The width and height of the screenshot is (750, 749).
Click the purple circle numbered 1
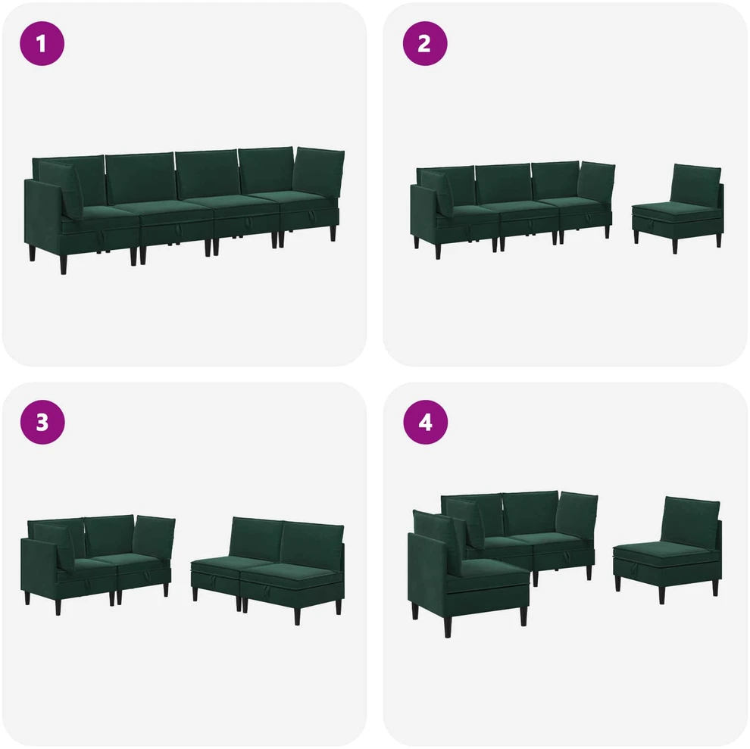pyautogui.click(x=42, y=43)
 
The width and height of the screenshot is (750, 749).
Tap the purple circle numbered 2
pyautogui.click(x=425, y=43)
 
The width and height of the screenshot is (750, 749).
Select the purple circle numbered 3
pyautogui.click(x=42, y=422)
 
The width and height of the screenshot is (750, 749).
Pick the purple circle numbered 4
pyautogui.click(x=425, y=422)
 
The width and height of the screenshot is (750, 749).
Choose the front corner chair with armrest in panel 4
pyautogui.click(x=467, y=572)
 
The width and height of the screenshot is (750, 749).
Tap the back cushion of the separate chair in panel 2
pyautogui.click(x=695, y=186)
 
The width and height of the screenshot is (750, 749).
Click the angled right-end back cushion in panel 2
pyautogui.click(x=595, y=184)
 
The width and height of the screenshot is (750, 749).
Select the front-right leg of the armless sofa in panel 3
pyautogui.click(x=298, y=616)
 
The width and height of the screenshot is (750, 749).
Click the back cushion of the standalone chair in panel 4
pyautogui.click(x=690, y=521)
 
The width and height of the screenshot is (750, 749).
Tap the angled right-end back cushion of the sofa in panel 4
pyautogui.click(x=577, y=516)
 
